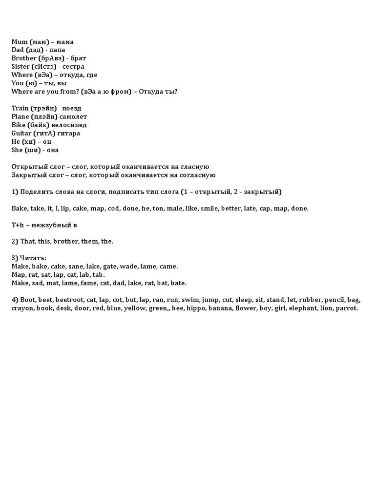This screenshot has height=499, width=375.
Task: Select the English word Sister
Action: click(21, 66)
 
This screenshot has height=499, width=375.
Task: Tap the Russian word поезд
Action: click(72, 108)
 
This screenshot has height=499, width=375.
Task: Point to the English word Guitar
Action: click(21, 133)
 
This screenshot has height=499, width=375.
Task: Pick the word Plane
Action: click(20, 116)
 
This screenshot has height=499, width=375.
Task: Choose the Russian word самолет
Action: click(74, 116)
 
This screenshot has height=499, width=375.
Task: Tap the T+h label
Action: click(18, 225)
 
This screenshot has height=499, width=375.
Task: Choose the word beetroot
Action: click(69, 300)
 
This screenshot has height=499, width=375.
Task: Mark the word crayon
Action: click(22, 308)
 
